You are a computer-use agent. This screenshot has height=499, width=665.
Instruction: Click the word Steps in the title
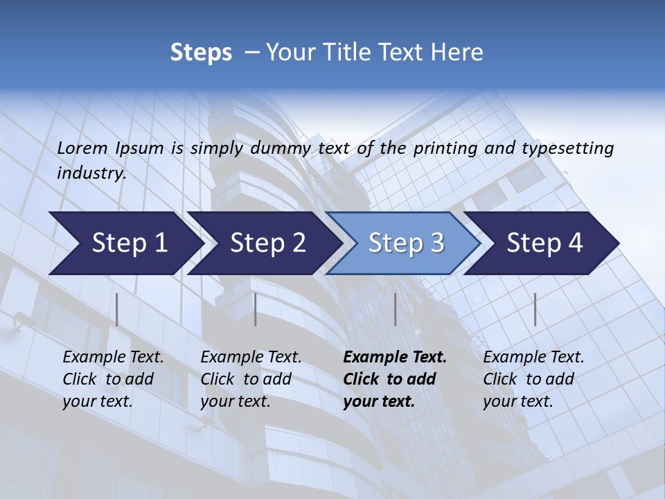[201, 53]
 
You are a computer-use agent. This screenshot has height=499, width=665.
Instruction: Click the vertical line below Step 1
[117, 309]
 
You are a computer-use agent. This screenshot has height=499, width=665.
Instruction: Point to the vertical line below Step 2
[256, 309]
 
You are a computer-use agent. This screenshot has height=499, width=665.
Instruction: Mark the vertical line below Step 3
[395, 309]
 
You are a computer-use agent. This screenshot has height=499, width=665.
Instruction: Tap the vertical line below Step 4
[535, 309]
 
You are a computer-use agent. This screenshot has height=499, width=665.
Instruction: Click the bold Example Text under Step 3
[395, 358]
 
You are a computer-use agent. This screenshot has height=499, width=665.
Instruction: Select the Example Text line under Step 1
[113, 358]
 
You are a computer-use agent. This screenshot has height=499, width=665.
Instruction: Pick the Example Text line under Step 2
[251, 358]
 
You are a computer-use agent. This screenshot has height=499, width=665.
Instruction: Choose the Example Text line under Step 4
[533, 358]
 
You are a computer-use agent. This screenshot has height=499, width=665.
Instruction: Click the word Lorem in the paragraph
[82, 148]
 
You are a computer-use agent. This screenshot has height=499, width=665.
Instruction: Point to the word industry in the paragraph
[91, 173]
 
